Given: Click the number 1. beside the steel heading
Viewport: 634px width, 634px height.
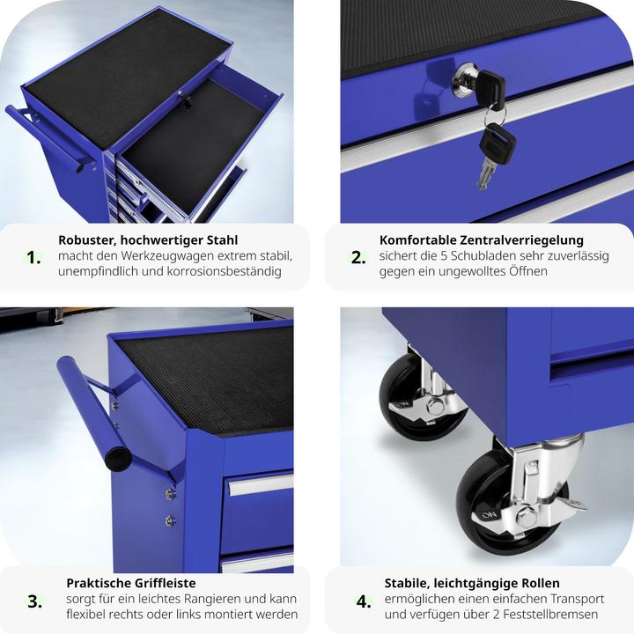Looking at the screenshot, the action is tap(33, 257).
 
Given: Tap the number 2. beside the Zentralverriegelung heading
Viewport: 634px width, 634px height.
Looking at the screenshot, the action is tap(358, 257).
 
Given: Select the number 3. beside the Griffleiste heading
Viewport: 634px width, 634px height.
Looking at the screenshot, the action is tap(34, 601).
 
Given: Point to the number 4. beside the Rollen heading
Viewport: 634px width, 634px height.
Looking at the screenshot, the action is tap(364, 601).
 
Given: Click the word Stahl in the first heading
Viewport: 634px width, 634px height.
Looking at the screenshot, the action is tap(223, 240).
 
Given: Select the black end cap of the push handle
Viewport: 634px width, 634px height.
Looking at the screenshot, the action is tap(118, 458).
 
